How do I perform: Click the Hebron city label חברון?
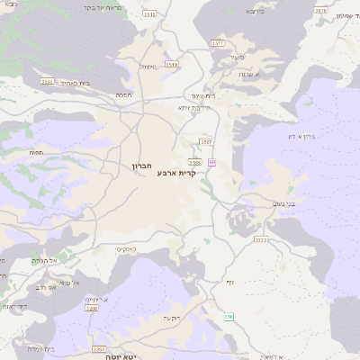[x=145, y=167]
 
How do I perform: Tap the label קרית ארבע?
[x=175, y=172]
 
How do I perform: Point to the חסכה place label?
[x=125, y=94]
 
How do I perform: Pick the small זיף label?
[x=229, y=283]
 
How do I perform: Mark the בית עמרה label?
[x=41, y=348]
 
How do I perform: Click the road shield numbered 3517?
[x=217, y=42]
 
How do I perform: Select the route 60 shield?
[x=211, y=162]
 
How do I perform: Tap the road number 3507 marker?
[x=206, y=141]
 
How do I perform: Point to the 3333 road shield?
[x=261, y=239]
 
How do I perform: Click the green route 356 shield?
[x=229, y=317]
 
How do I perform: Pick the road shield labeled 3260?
[x=91, y=309]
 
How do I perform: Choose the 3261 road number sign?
[x=98, y=348]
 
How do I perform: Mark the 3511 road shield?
[x=149, y=14]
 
